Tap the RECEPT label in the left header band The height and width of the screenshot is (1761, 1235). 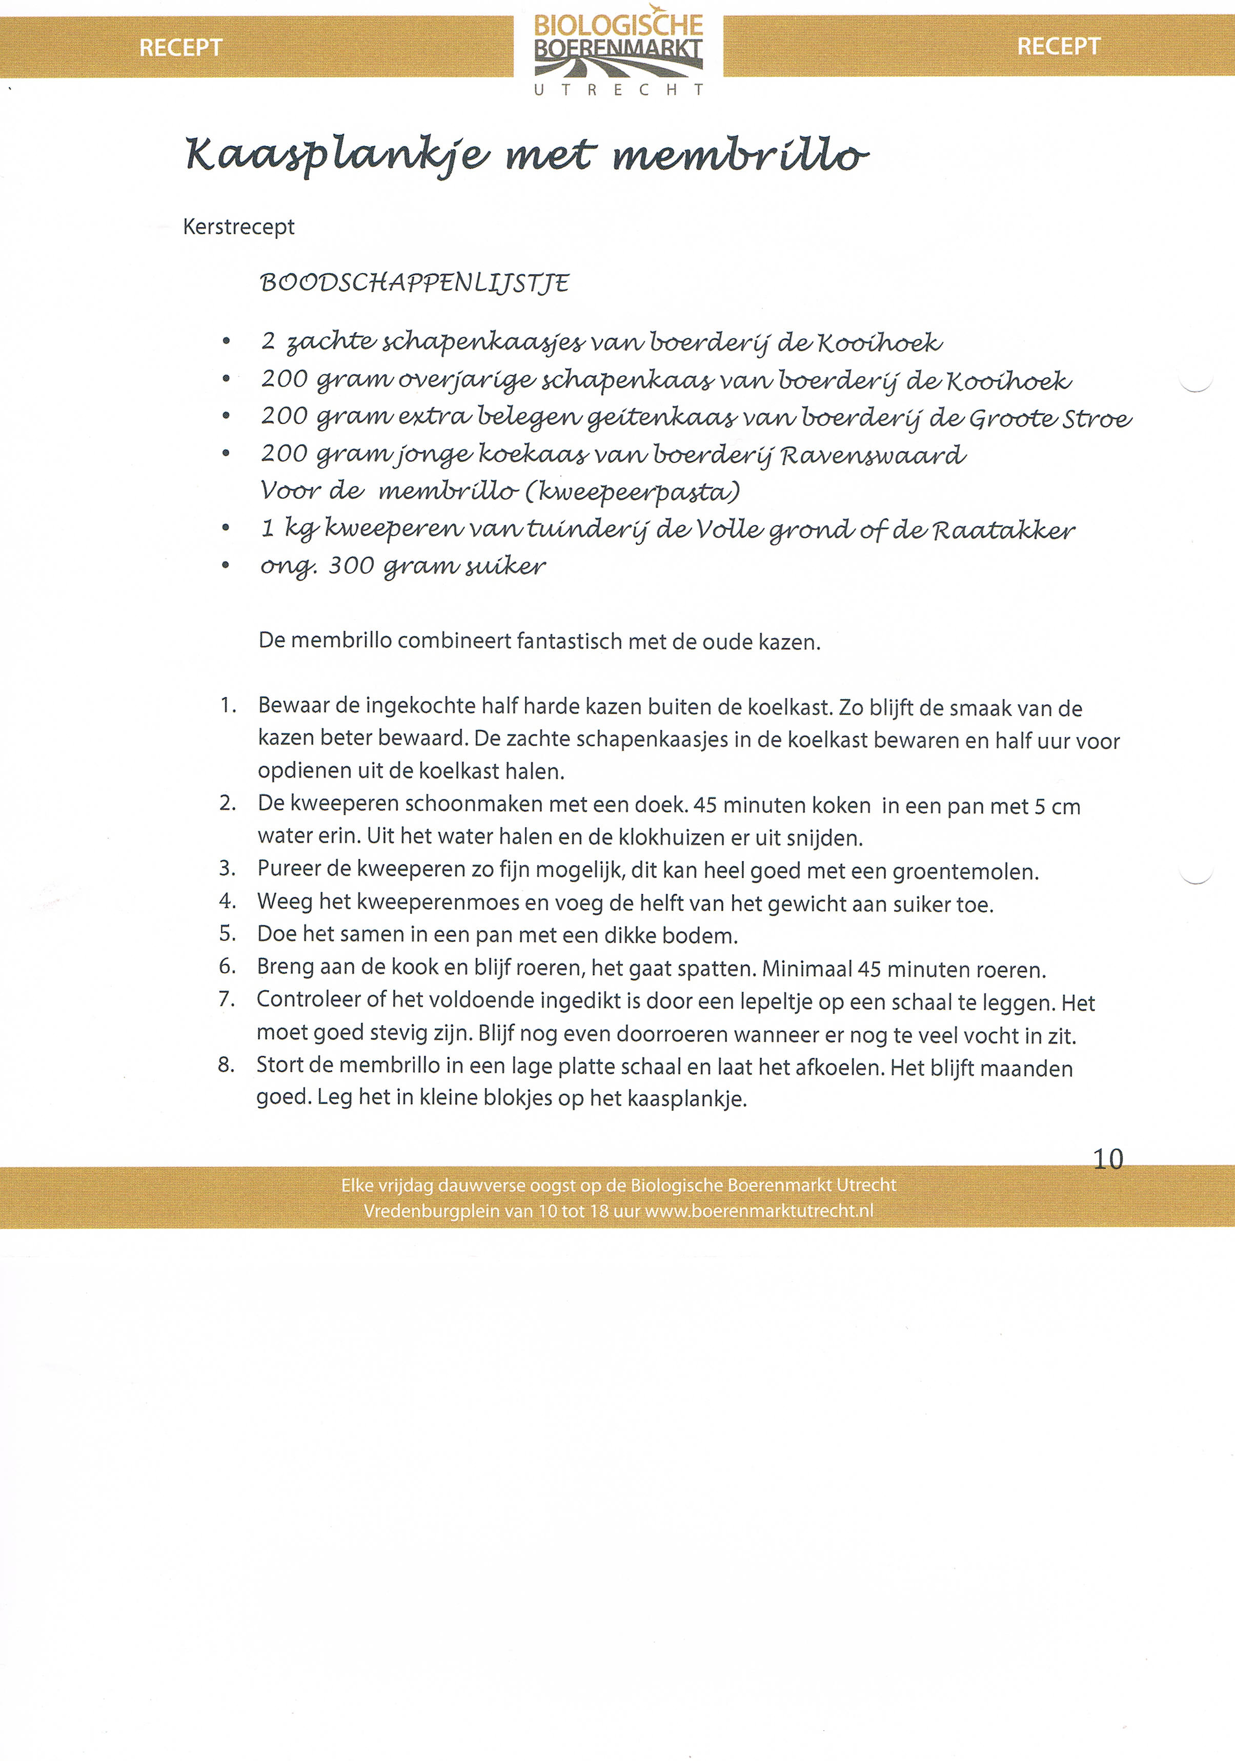pyautogui.click(x=180, y=48)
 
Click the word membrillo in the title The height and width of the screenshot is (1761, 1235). pyautogui.click(x=740, y=154)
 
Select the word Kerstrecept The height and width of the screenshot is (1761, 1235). pyautogui.click(x=238, y=227)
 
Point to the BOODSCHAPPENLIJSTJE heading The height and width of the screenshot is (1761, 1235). pyautogui.click(x=414, y=283)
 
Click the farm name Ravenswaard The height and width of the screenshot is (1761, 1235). pyautogui.click(x=873, y=456)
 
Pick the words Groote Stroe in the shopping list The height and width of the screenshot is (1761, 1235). pyautogui.click(x=1050, y=419)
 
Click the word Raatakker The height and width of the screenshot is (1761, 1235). pyautogui.click(x=1003, y=530)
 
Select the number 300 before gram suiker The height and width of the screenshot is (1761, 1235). pyautogui.click(x=351, y=566)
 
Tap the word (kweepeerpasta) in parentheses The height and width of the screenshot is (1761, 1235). pyautogui.click(x=632, y=492)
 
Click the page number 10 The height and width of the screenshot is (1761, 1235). pyautogui.click(x=1108, y=1159)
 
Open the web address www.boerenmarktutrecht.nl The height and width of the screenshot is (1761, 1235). pyautogui.click(x=759, y=1211)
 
